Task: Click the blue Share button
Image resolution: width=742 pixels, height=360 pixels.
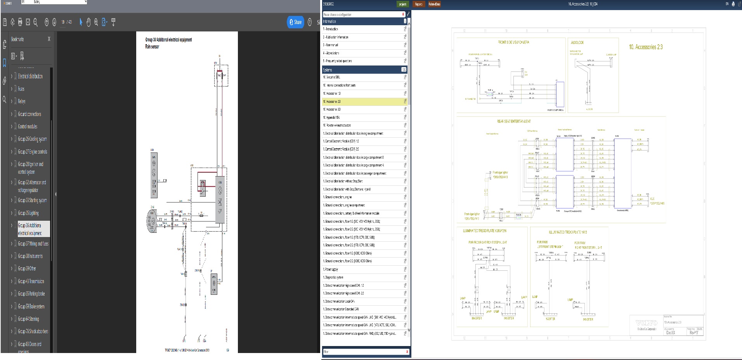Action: tap(295, 22)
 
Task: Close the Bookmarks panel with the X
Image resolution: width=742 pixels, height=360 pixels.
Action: tap(49, 39)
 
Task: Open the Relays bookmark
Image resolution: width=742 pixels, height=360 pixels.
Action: tap(22, 101)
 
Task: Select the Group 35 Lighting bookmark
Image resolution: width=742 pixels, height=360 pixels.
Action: tap(28, 213)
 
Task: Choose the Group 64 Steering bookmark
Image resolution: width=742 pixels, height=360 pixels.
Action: tap(28, 319)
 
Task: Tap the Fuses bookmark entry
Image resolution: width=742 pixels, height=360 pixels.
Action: tap(21, 89)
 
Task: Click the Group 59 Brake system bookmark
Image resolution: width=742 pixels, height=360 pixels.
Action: tap(31, 306)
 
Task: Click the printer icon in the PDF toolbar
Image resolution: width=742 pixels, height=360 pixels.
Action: tap(20, 22)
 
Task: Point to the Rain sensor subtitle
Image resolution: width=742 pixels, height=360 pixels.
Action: tap(152, 47)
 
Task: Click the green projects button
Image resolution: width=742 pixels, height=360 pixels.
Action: tap(403, 4)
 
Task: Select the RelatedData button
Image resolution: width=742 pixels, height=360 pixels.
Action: tap(434, 4)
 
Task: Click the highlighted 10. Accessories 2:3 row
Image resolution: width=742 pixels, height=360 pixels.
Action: tap(363, 102)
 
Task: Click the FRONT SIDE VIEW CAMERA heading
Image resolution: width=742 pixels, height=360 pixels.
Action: tap(513, 42)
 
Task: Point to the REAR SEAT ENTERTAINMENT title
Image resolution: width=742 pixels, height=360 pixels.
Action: tap(514, 121)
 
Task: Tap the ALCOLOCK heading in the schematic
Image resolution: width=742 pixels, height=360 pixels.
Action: tap(577, 42)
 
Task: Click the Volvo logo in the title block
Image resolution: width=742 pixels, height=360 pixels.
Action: tap(647, 323)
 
